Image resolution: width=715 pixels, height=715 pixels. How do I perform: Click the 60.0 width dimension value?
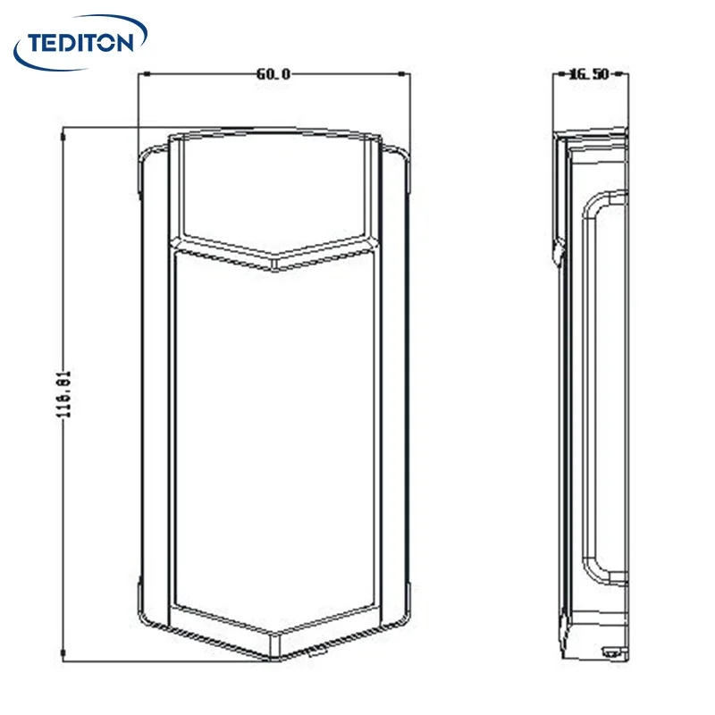[273, 74]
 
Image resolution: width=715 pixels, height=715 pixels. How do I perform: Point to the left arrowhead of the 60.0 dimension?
[143, 74]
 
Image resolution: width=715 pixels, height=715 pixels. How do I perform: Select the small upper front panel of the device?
[273, 192]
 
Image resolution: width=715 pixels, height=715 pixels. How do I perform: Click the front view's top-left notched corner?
[143, 161]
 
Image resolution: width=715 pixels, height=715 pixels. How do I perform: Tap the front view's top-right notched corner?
[405, 161]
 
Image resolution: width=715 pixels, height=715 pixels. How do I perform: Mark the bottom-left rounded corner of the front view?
[148, 617]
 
